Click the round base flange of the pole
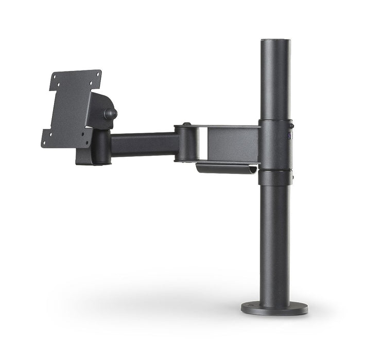pos(274,308)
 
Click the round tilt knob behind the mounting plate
pos(110,113)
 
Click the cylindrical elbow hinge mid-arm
pos(187,143)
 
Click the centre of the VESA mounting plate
pos(71,108)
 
